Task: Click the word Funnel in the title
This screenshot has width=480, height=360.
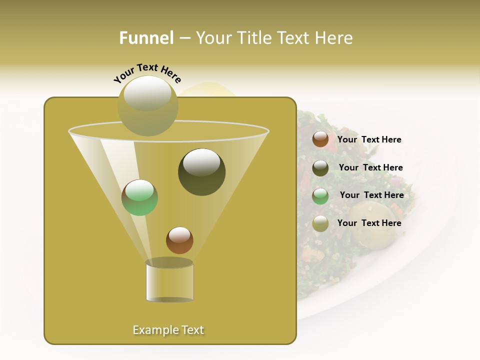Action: pyautogui.click(x=146, y=38)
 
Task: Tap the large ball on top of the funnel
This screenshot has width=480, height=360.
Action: pyautogui.click(x=147, y=105)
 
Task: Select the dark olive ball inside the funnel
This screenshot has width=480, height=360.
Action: pyautogui.click(x=202, y=171)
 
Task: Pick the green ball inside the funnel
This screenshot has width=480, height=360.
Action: pyautogui.click(x=140, y=197)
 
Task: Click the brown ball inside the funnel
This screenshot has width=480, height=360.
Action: pyautogui.click(x=179, y=240)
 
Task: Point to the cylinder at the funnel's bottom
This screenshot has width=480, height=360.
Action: pyautogui.click(x=170, y=281)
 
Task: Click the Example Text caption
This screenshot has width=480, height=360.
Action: pyautogui.click(x=168, y=330)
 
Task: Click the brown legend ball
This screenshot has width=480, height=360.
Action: pyautogui.click(x=320, y=139)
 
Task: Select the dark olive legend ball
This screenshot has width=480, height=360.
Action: pyautogui.click(x=320, y=168)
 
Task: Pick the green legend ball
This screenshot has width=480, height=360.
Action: pyautogui.click(x=320, y=196)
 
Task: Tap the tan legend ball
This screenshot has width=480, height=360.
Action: pyautogui.click(x=320, y=223)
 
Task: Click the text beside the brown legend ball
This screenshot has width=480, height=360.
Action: pyautogui.click(x=369, y=139)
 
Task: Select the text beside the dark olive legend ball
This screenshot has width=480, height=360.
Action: pyautogui.click(x=370, y=167)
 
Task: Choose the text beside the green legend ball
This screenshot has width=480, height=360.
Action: pyautogui.click(x=371, y=195)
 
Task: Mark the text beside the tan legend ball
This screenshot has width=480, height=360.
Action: pyautogui.click(x=369, y=223)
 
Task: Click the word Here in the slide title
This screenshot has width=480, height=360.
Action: pyautogui.click(x=335, y=38)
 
